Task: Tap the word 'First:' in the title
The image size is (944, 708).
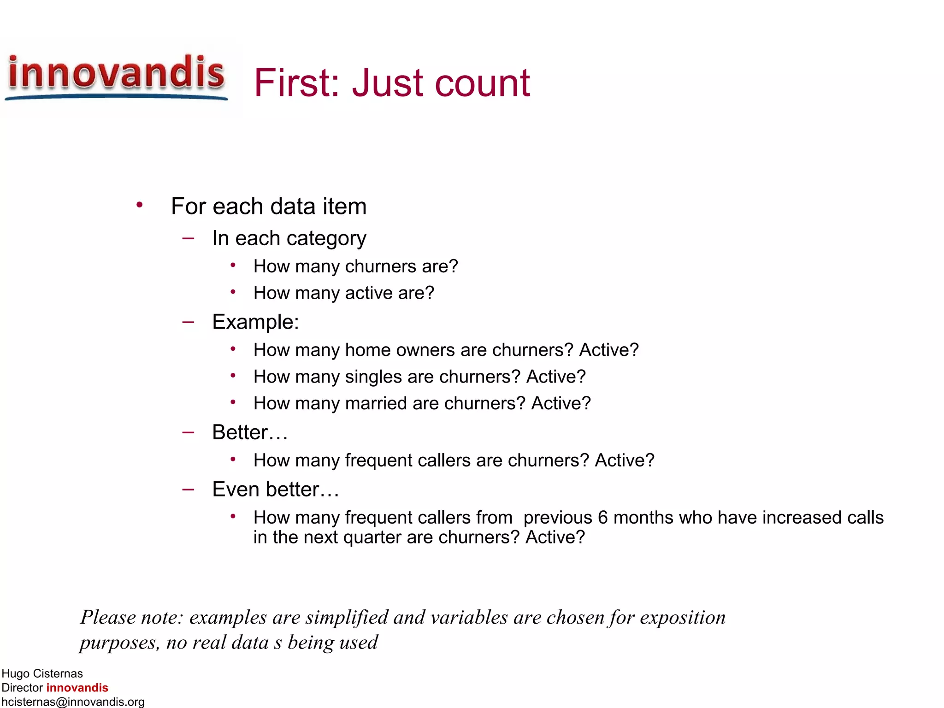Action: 297,83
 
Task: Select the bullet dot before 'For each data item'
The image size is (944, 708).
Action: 139,205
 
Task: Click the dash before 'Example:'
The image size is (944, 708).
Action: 188,322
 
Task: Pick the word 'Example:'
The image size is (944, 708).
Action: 255,322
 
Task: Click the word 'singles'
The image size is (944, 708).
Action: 373,377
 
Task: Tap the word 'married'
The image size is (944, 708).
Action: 376,404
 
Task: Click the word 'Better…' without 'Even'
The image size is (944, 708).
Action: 250,432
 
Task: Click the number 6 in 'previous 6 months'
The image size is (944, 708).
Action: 603,518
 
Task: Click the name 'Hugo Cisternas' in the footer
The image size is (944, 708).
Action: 42,674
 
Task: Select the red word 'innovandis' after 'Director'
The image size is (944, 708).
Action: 77,688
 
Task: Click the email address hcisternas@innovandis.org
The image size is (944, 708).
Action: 73,702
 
